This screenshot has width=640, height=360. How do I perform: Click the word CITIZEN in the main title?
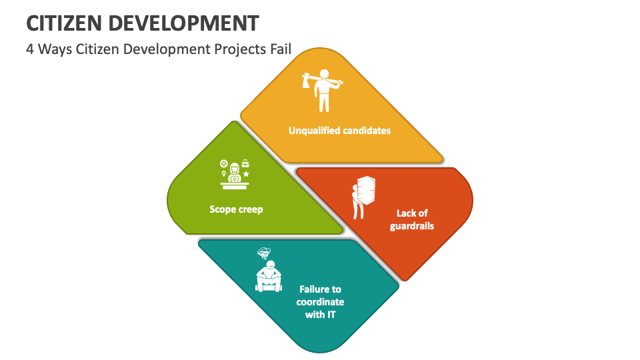pos(65,23)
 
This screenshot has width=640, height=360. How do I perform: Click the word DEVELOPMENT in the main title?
pos(183,23)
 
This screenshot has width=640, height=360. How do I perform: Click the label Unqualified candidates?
pos(339,131)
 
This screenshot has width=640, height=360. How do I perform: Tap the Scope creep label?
pos(236,209)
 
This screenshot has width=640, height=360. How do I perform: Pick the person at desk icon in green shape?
pos(235,171)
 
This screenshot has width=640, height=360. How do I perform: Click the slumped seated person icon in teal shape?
pos(268,275)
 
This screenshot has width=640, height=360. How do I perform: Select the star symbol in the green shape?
pos(246,174)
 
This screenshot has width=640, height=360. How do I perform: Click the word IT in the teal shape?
pos(330,314)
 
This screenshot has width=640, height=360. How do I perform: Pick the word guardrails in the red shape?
pos(412,226)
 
